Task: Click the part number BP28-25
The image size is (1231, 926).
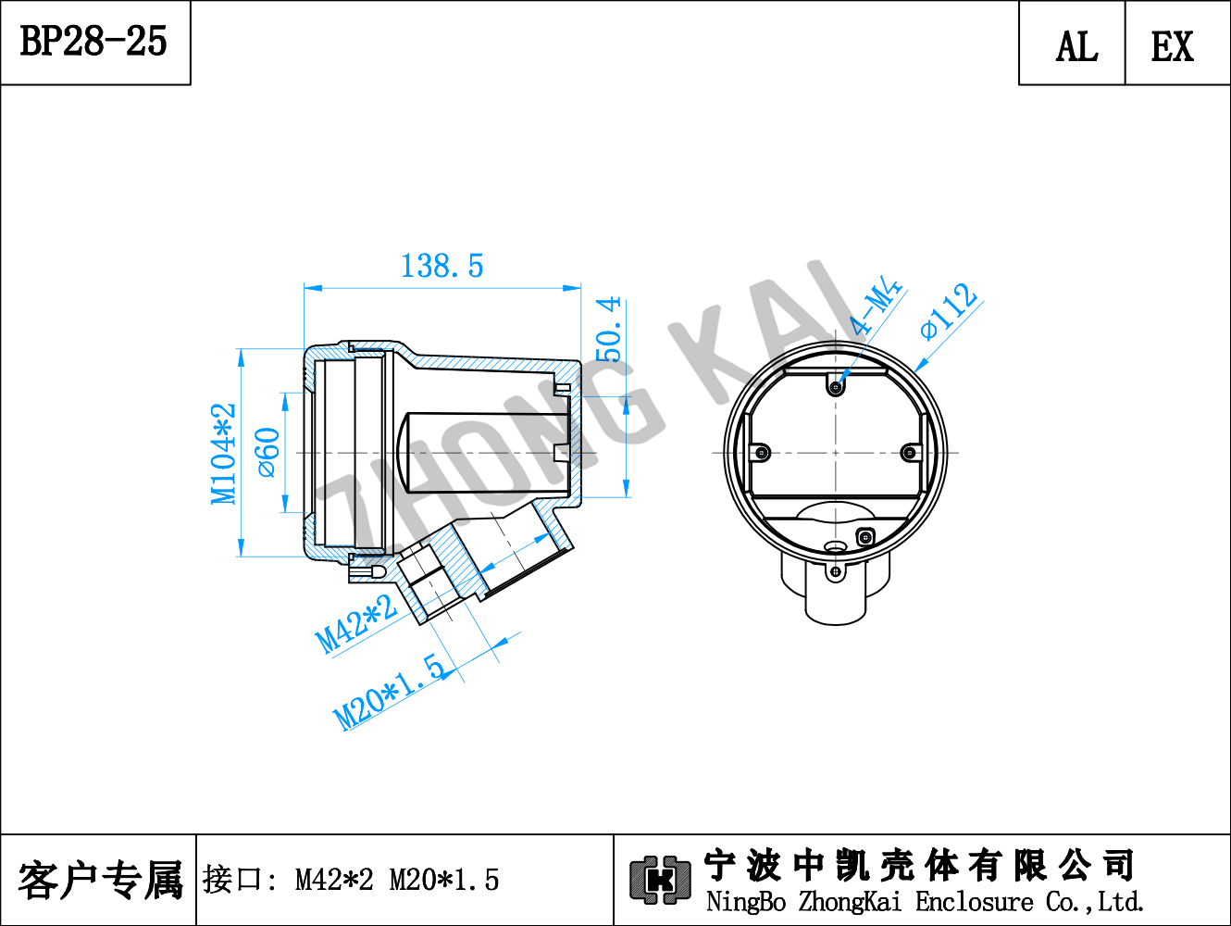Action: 93,41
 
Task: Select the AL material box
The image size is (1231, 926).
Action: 1072,44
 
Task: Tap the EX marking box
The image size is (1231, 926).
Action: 1177,44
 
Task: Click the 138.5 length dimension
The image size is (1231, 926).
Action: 441,266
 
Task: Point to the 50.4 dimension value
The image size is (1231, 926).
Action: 608,330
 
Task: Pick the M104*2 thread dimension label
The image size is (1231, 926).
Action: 223,454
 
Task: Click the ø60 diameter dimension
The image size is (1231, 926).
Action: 267,453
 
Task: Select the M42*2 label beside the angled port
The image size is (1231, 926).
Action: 356,624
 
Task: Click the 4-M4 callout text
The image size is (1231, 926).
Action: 875,305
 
